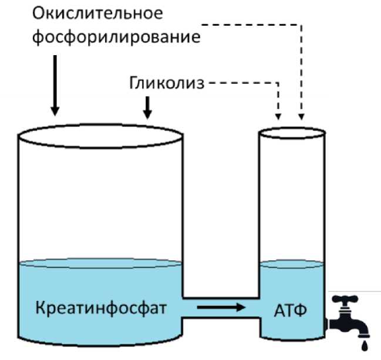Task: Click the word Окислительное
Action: [x=97, y=12]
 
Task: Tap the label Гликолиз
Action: [x=166, y=83]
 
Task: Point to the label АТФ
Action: [x=289, y=308]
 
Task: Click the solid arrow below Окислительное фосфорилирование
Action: [x=55, y=86]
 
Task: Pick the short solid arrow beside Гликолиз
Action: [x=147, y=106]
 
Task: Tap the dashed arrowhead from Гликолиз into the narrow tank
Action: [x=279, y=114]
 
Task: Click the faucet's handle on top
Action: [x=348, y=300]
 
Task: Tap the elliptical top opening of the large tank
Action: [x=99, y=137]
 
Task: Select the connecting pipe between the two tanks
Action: [x=221, y=307]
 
